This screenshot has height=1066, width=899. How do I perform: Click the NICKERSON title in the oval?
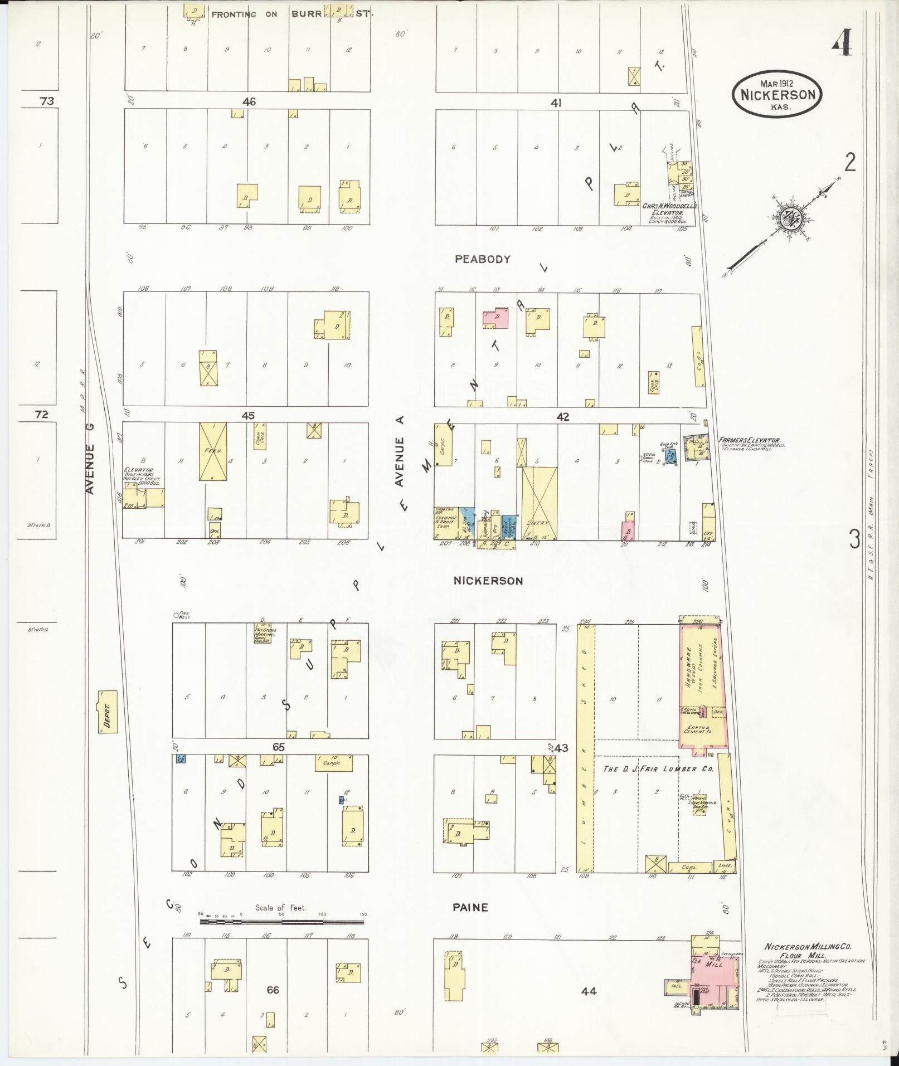click(777, 94)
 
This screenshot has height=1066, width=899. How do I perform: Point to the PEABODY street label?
click(482, 259)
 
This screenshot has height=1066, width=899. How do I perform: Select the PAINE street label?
click(471, 908)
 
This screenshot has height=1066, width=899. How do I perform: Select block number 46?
click(249, 102)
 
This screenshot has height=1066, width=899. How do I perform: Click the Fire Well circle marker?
click(176, 615)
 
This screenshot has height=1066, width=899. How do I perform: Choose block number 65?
click(278, 747)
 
